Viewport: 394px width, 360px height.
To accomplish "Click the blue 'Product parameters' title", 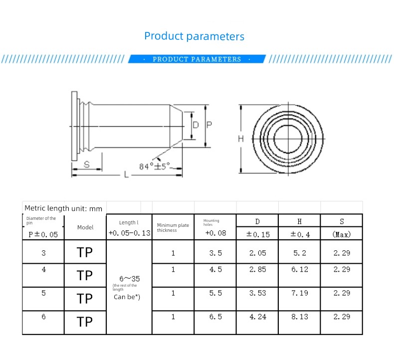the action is tap(194, 36).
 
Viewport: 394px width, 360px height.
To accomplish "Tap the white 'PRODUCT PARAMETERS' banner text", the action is tap(197, 59).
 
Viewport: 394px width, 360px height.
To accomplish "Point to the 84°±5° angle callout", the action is tap(155, 167).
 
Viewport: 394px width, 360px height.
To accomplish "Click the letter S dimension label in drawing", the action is tap(87, 165).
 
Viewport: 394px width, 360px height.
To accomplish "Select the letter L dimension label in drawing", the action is tap(126, 175).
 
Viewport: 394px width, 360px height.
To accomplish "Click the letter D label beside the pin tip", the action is tap(196, 125).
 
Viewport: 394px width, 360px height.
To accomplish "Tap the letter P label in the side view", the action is tap(209, 125).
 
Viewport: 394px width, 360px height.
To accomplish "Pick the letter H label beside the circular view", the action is tap(241, 139).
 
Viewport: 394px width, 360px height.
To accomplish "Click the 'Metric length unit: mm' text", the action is tap(63, 208).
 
